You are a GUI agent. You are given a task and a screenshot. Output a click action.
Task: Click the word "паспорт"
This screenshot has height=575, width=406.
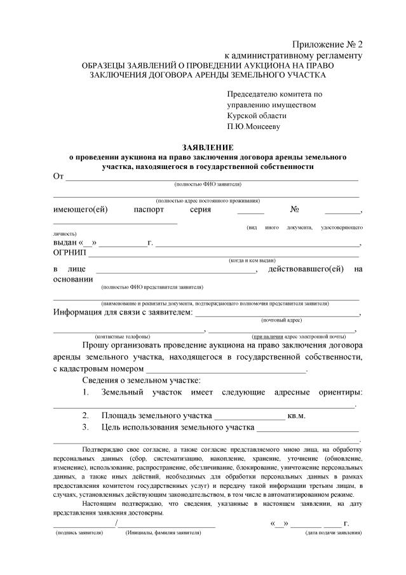click(x=149, y=210)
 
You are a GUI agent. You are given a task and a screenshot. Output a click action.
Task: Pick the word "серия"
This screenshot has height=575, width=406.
click(x=200, y=210)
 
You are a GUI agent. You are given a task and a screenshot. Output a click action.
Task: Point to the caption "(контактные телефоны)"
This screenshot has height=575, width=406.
click(x=122, y=335)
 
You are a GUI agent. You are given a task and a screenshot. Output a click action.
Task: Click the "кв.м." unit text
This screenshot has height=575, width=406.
click(x=297, y=416)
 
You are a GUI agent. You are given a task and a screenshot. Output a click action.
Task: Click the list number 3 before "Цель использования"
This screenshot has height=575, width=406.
click(x=85, y=428)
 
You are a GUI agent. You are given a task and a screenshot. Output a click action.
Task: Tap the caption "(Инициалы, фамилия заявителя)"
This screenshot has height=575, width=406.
click(x=163, y=532)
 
